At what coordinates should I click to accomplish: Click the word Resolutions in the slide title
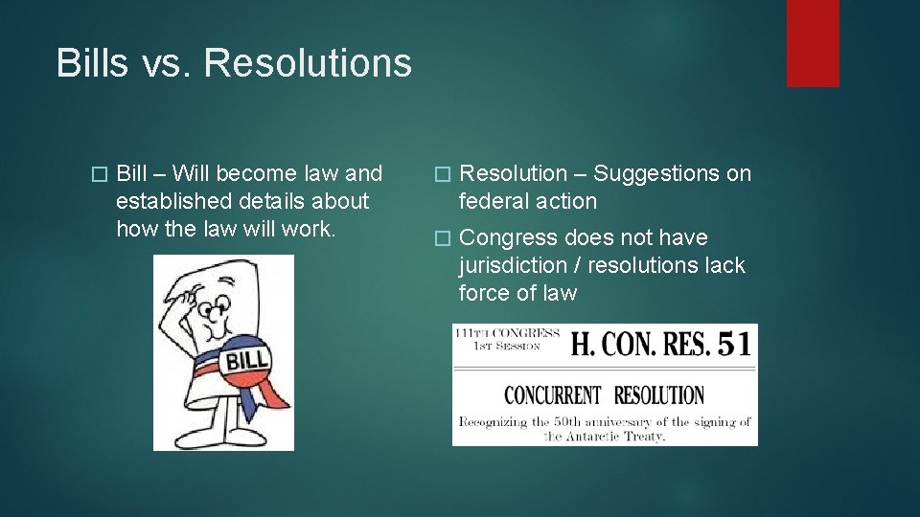308,63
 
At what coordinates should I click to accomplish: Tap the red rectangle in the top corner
813,43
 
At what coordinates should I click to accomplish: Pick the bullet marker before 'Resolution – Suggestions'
441,174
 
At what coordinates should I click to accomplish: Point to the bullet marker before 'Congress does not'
441,238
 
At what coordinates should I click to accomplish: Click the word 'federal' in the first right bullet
492,201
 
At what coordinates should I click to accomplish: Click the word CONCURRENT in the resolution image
553,394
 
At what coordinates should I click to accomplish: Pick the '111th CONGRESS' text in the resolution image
508,333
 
